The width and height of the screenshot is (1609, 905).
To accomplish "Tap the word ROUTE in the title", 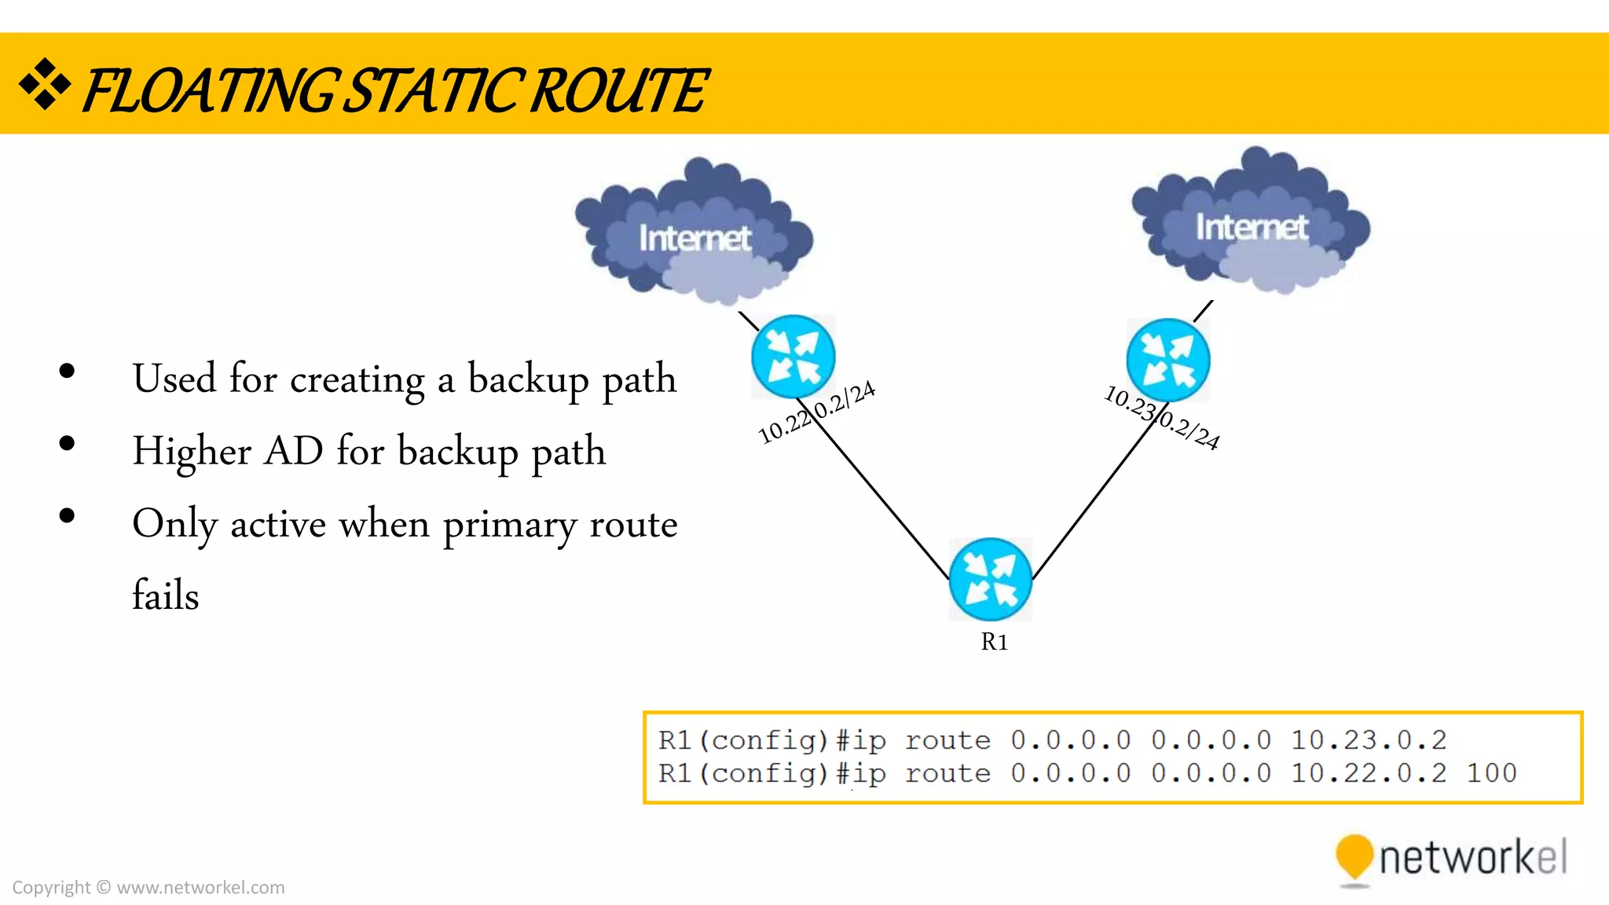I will pos(619,91).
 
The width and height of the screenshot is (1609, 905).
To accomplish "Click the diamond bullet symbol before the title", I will pos(45,84).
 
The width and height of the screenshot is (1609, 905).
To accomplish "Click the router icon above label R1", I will pos(990,580).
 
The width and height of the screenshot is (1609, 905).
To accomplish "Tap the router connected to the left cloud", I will pos(793,357).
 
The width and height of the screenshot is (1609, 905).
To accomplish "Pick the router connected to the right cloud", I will pos(1167,361).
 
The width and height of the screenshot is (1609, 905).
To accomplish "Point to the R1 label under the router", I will pos(994,642).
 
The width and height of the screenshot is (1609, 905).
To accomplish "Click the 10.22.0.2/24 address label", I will pos(816,412).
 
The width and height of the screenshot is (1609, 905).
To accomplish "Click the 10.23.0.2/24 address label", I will pos(1162,417).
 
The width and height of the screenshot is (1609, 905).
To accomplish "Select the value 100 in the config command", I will pos(1491,773).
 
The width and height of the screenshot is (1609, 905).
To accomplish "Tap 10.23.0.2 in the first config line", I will pos(1368,739).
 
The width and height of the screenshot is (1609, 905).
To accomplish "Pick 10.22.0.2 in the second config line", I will pos(1368,773).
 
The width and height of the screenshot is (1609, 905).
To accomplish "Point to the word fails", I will pos(166,595).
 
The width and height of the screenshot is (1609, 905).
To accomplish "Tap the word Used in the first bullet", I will pos(174,379).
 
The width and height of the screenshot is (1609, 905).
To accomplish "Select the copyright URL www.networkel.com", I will pos(200,888).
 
